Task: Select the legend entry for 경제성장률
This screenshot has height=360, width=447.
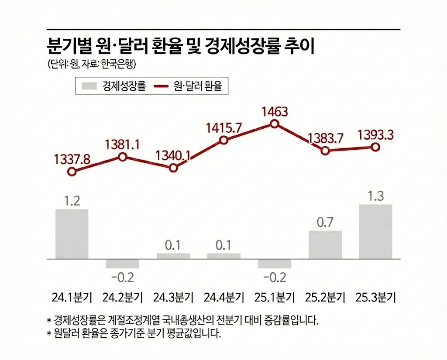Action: pyautogui.click(x=114, y=86)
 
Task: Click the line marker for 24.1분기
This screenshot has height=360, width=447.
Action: pyautogui.click(x=72, y=172)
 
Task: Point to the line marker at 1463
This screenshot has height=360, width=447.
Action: pyautogui.click(x=274, y=124)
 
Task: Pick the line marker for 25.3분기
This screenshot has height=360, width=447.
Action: pyautogui.click(x=375, y=147)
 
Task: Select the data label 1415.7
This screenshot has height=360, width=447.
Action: pyautogui.click(x=223, y=128)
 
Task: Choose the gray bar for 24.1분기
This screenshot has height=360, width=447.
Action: pyautogui.click(x=72, y=234)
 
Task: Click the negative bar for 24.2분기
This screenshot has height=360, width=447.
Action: pyautogui.click(x=123, y=264)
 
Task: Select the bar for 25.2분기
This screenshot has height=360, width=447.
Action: pyautogui.click(x=325, y=245)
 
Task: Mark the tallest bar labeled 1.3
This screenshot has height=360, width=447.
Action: pyautogui.click(x=375, y=232)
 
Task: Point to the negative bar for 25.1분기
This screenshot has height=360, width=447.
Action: pyautogui.click(x=274, y=264)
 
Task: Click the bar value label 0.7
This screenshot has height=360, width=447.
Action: pyautogui.click(x=325, y=223)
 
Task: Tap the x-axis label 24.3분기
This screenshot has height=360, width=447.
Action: pyautogui.click(x=173, y=298)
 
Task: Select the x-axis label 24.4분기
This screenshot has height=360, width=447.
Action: pyautogui.click(x=223, y=298)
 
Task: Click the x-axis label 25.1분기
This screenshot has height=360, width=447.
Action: pyautogui.click(x=274, y=298)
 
